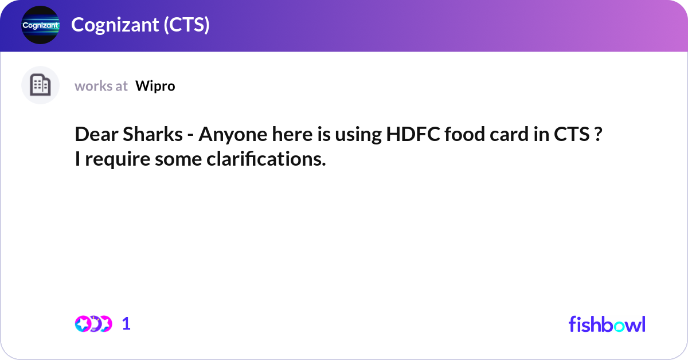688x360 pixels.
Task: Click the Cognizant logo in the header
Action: point(40,25)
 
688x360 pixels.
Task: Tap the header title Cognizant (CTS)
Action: point(140,25)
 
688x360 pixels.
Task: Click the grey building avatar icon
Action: point(40,85)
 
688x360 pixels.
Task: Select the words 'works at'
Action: point(101,86)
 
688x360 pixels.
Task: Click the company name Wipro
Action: point(155,86)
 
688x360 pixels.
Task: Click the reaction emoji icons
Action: point(93,324)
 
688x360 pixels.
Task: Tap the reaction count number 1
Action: point(127,324)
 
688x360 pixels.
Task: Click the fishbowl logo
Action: point(607,324)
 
